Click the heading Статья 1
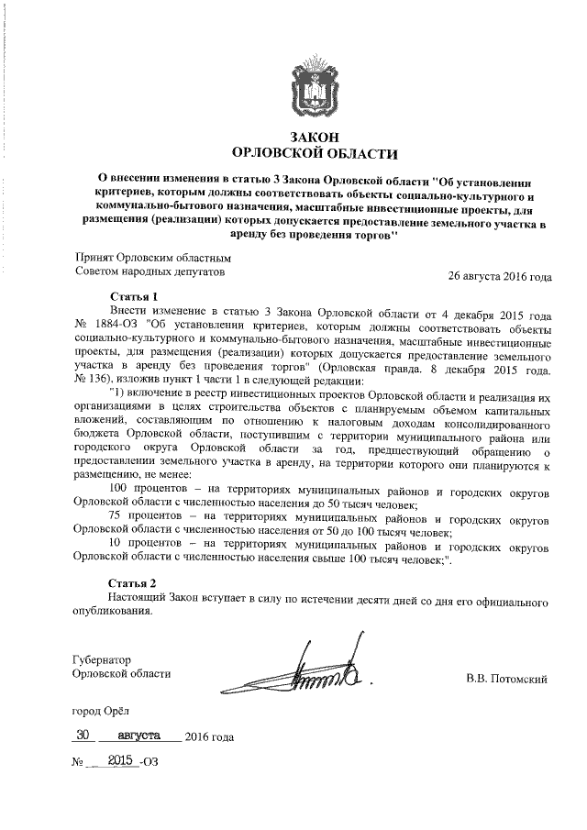(133, 297)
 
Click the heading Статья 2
(133, 583)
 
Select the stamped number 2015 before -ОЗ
(120, 761)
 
